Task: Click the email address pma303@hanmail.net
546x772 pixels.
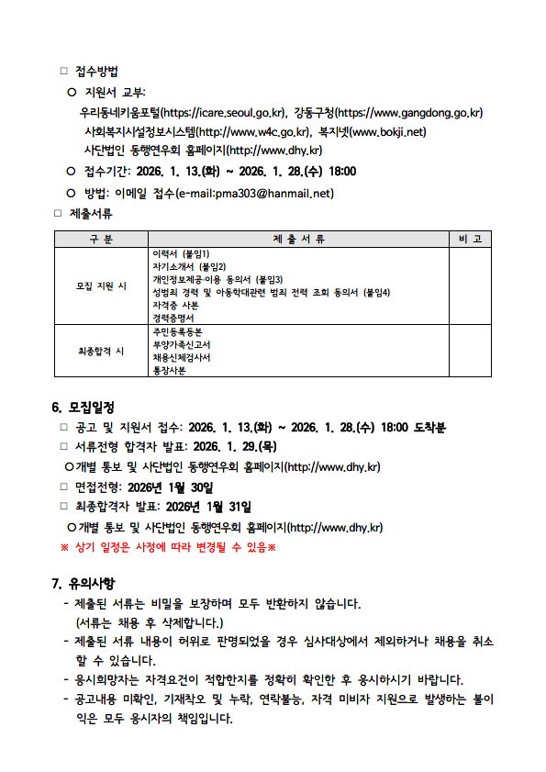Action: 274,193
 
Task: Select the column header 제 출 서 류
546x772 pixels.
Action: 299,239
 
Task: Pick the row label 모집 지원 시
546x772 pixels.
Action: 100,285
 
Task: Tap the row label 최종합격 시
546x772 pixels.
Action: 100,351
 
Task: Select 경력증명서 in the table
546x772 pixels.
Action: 173,318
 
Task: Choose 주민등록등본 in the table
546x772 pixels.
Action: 177,331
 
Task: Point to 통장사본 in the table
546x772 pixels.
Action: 169,370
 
